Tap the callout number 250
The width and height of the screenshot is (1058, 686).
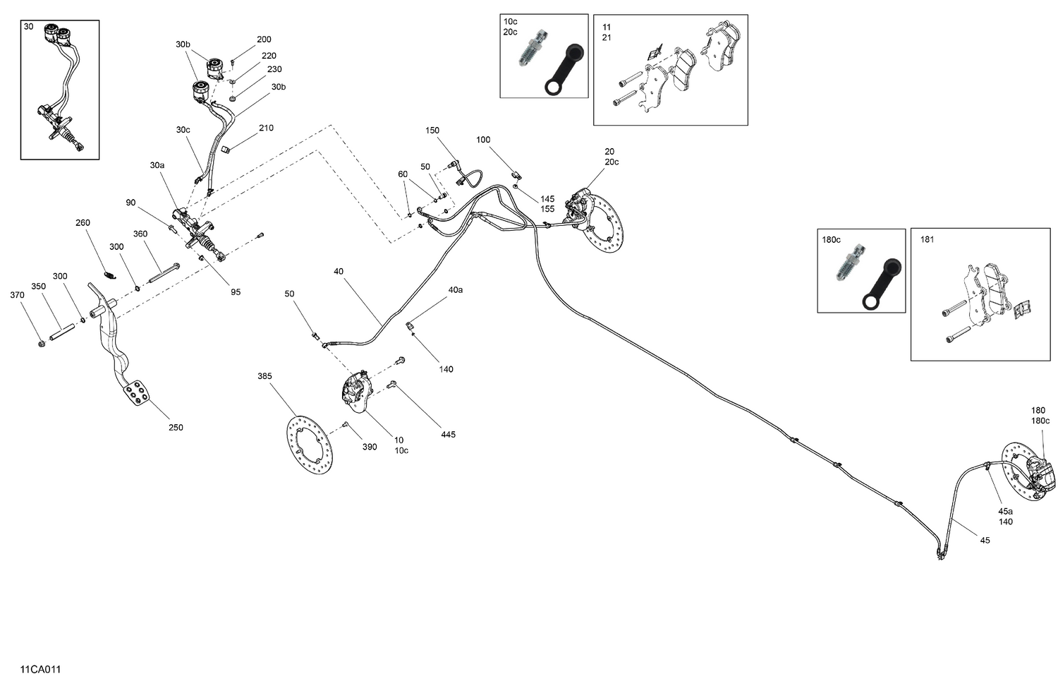pos(176,427)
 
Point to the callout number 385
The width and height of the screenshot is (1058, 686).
pos(264,376)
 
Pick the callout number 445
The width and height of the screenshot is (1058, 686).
pos(448,434)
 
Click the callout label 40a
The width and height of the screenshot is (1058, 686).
pos(456,289)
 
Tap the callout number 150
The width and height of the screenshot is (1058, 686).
pos(432,130)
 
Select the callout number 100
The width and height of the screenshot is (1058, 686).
pos(483,140)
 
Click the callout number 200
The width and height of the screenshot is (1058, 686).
pos(264,40)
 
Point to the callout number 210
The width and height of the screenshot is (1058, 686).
pos(266,128)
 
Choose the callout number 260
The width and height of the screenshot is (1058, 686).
pos(83,223)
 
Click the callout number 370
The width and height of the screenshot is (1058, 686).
pos(17,295)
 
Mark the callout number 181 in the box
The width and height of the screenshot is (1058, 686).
pos(927,239)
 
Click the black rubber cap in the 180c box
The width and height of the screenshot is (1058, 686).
pos(882,287)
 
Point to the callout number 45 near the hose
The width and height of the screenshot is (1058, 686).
pos(985,540)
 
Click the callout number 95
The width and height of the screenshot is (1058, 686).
pos(236,291)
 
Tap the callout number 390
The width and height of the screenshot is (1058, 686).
pos(370,447)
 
